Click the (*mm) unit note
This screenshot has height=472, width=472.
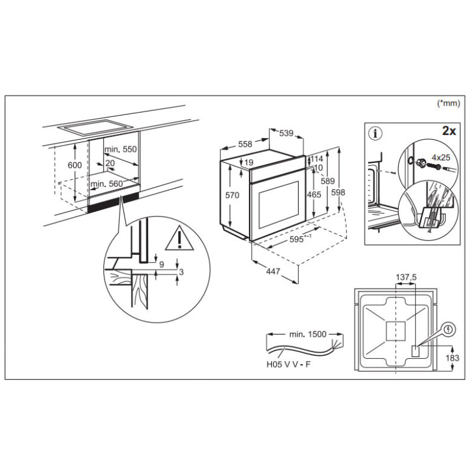coord(447,103)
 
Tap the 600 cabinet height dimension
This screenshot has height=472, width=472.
coord(74,165)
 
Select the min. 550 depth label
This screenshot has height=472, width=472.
coord(122,150)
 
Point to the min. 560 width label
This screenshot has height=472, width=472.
coord(107,184)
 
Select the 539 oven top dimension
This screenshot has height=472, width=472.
coord(286,133)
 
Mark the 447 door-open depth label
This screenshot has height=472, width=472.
coord(271,272)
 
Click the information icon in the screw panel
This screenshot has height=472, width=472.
coord(375,133)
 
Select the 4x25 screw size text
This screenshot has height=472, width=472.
coord(441,158)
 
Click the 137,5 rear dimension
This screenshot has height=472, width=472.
coord(405,277)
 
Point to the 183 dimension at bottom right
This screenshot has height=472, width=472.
coord(452,358)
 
